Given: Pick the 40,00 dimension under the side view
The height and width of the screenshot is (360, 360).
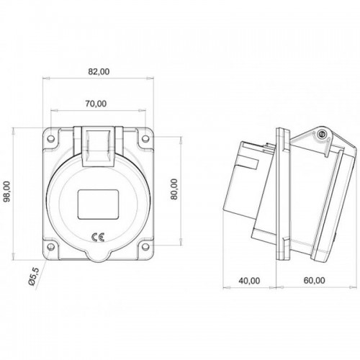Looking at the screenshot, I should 251,280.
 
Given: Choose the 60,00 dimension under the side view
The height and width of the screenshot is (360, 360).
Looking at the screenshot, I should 313,280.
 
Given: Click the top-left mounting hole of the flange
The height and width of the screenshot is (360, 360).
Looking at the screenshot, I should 52,140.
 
